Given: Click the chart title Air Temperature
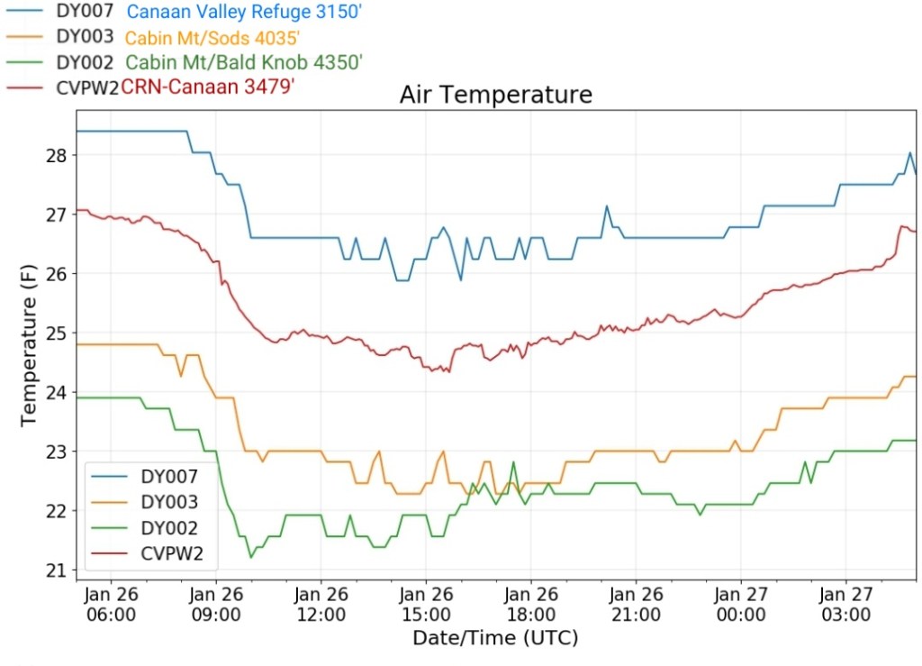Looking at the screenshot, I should (x=495, y=95).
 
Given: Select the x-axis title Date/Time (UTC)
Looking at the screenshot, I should (x=495, y=638).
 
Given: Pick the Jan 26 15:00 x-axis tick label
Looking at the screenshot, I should (x=426, y=605).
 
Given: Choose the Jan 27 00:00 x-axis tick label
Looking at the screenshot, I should (x=741, y=605).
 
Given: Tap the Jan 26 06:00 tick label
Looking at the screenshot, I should (x=111, y=605).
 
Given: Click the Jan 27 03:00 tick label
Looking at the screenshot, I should (x=846, y=605).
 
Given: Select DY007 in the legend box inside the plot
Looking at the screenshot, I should (x=168, y=477).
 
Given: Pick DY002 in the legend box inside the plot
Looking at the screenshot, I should (x=168, y=528).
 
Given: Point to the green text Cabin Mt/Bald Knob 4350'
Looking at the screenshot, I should (x=244, y=63).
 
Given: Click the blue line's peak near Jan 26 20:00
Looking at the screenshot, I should (x=607, y=206).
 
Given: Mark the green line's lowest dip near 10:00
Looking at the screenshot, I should (x=250, y=557).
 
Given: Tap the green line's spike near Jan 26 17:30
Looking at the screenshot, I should (x=513, y=463).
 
